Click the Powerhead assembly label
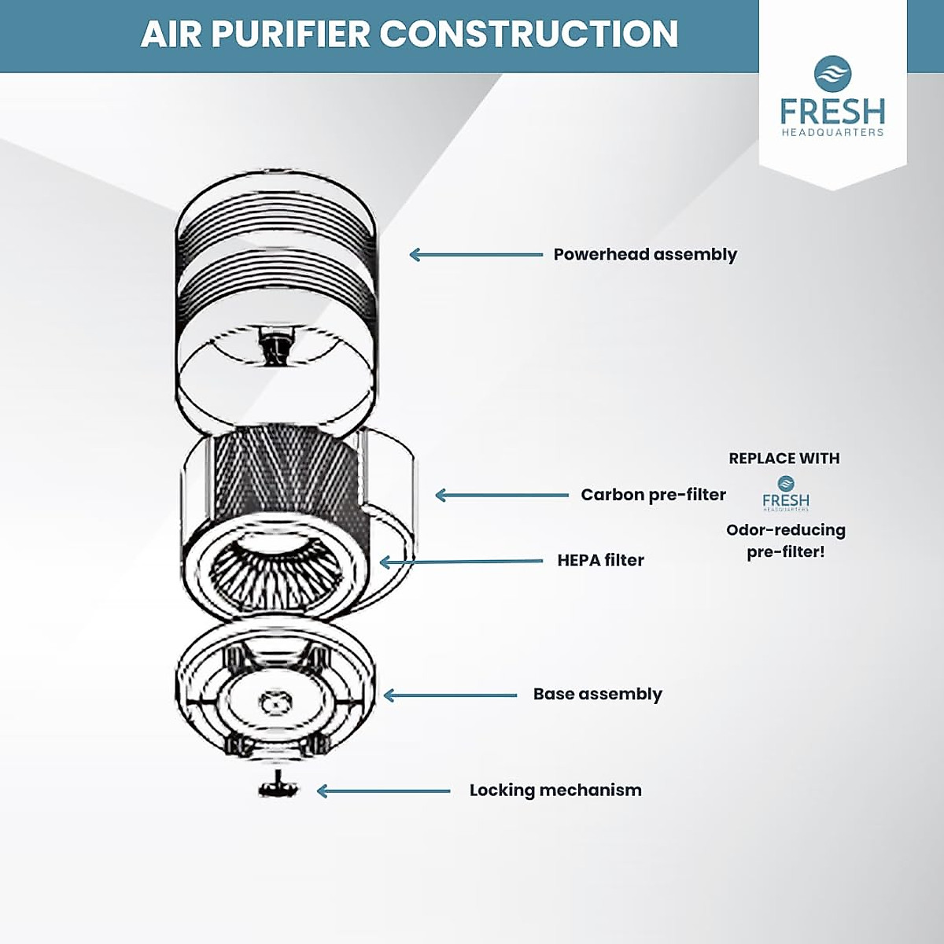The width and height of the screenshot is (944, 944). pyautogui.click(x=645, y=254)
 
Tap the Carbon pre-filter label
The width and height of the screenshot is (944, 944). pyautogui.click(x=653, y=495)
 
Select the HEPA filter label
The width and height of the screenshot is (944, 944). pyautogui.click(x=600, y=560)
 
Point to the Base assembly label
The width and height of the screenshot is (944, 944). pyautogui.click(x=597, y=694)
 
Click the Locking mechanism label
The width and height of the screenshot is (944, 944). pyautogui.click(x=555, y=790)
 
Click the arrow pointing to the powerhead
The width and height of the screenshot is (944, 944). pyautogui.click(x=476, y=254)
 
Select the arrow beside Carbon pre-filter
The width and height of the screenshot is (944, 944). pyautogui.click(x=501, y=495)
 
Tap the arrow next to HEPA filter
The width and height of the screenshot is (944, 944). pyautogui.click(x=461, y=562)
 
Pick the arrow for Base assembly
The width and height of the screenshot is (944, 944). pyautogui.click(x=449, y=695)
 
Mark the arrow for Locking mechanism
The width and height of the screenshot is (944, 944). pyautogui.click(x=383, y=791)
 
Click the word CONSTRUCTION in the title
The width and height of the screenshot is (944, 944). pyautogui.click(x=529, y=35)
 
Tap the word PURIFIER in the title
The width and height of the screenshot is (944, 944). pyautogui.click(x=290, y=35)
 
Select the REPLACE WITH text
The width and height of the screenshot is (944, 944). pyautogui.click(x=784, y=458)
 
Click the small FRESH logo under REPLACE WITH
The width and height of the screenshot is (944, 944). pyautogui.click(x=785, y=494)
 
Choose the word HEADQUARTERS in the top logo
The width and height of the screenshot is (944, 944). pyautogui.click(x=832, y=133)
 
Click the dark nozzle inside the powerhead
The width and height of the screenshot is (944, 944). pyautogui.click(x=275, y=347)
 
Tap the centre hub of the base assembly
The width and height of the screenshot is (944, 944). pyautogui.click(x=273, y=699)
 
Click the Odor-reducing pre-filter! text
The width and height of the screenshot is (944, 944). pyautogui.click(x=785, y=540)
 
